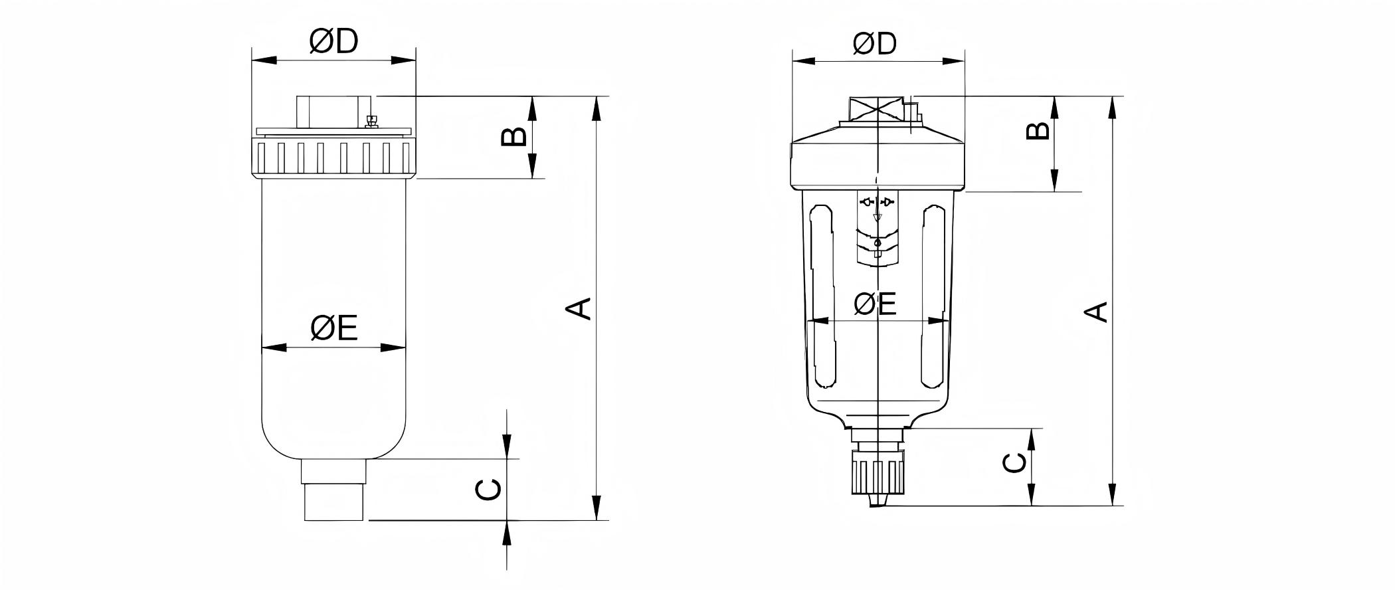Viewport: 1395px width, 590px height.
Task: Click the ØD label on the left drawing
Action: [333, 41]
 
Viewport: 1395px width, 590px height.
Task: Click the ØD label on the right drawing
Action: [875, 43]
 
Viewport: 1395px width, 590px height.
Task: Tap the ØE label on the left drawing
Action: [334, 328]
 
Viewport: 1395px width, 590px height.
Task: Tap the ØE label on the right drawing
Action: [875, 304]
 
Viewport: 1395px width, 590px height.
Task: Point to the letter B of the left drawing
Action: [513, 137]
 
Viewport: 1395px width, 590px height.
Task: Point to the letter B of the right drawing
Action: [1038, 130]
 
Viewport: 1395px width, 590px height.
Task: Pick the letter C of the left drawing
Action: [489, 490]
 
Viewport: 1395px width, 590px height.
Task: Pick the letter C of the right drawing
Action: [1014, 463]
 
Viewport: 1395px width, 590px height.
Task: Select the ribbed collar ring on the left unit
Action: [333, 157]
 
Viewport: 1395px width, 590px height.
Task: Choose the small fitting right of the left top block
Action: [372, 120]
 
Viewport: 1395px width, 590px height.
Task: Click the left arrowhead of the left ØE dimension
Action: [272, 347]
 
